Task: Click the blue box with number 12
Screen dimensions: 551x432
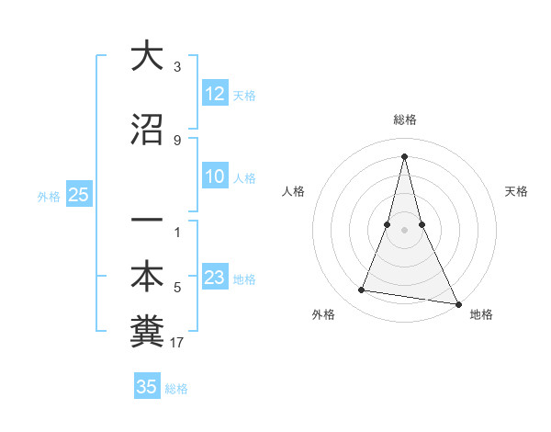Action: click(x=215, y=94)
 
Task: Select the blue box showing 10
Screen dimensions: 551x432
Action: click(x=215, y=177)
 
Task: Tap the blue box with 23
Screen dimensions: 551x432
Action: click(x=215, y=279)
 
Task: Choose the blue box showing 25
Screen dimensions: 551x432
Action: click(x=78, y=195)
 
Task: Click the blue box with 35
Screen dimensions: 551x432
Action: click(x=146, y=387)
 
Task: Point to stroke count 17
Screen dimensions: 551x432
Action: click(x=177, y=343)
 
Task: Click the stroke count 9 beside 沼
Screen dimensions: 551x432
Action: click(x=177, y=140)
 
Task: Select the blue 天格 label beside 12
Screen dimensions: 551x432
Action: click(x=244, y=95)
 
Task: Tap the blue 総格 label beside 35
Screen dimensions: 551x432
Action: click(x=176, y=388)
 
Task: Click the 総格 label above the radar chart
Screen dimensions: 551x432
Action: click(x=405, y=120)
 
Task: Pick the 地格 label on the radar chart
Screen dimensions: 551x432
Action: click(x=481, y=314)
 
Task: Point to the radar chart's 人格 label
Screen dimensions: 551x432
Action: click(x=293, y=191)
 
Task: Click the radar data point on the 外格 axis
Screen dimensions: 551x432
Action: click(x=362, y=290)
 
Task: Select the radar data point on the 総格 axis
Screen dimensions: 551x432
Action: click(x=405, y=155)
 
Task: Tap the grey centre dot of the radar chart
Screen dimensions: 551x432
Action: click(x=405, y=230)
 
